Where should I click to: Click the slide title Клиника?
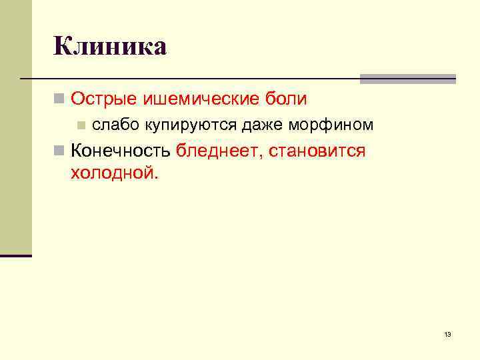coord(110,47)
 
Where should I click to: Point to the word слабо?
coord(111,125)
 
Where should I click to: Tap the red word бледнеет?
coord(220,151)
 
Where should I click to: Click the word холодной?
coord(112,173)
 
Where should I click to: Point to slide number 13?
coord(447,334)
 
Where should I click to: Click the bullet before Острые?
coord(59,100)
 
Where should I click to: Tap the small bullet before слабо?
coord(81,125)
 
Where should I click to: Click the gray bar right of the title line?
coord(407,79)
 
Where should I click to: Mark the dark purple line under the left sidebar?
coord(16,255)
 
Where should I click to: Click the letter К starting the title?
coord(64,47)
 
